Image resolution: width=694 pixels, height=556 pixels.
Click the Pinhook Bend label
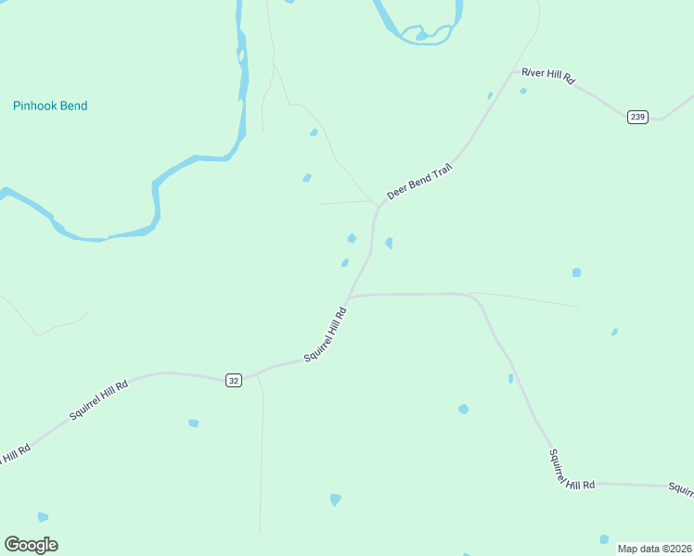(x=50, y=106)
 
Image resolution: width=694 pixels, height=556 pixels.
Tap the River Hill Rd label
(x=548, y=76)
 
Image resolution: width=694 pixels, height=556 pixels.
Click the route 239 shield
(x=637, y=117)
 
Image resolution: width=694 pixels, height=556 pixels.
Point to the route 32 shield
(x=233, y=380)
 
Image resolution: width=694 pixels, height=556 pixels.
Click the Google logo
(x=31, y=545)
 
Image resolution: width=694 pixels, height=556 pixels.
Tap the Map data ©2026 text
(x=654, y=548)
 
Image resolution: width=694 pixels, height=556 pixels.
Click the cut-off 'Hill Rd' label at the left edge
(x=15, y=454)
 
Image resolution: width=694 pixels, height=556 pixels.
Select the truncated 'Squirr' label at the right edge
(x=681, y=488)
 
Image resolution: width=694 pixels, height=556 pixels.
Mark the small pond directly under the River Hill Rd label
(x=523, y=91)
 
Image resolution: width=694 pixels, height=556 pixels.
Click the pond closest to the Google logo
(x=43, y=517)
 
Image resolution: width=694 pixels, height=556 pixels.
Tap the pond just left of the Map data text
(x=604, y=539)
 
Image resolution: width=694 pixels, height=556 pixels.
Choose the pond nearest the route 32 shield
(x=193, y=423)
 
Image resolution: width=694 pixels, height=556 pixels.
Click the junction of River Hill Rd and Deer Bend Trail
(x=513, y=70)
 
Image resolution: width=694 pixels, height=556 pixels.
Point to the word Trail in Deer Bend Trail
(x=440, y=170)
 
